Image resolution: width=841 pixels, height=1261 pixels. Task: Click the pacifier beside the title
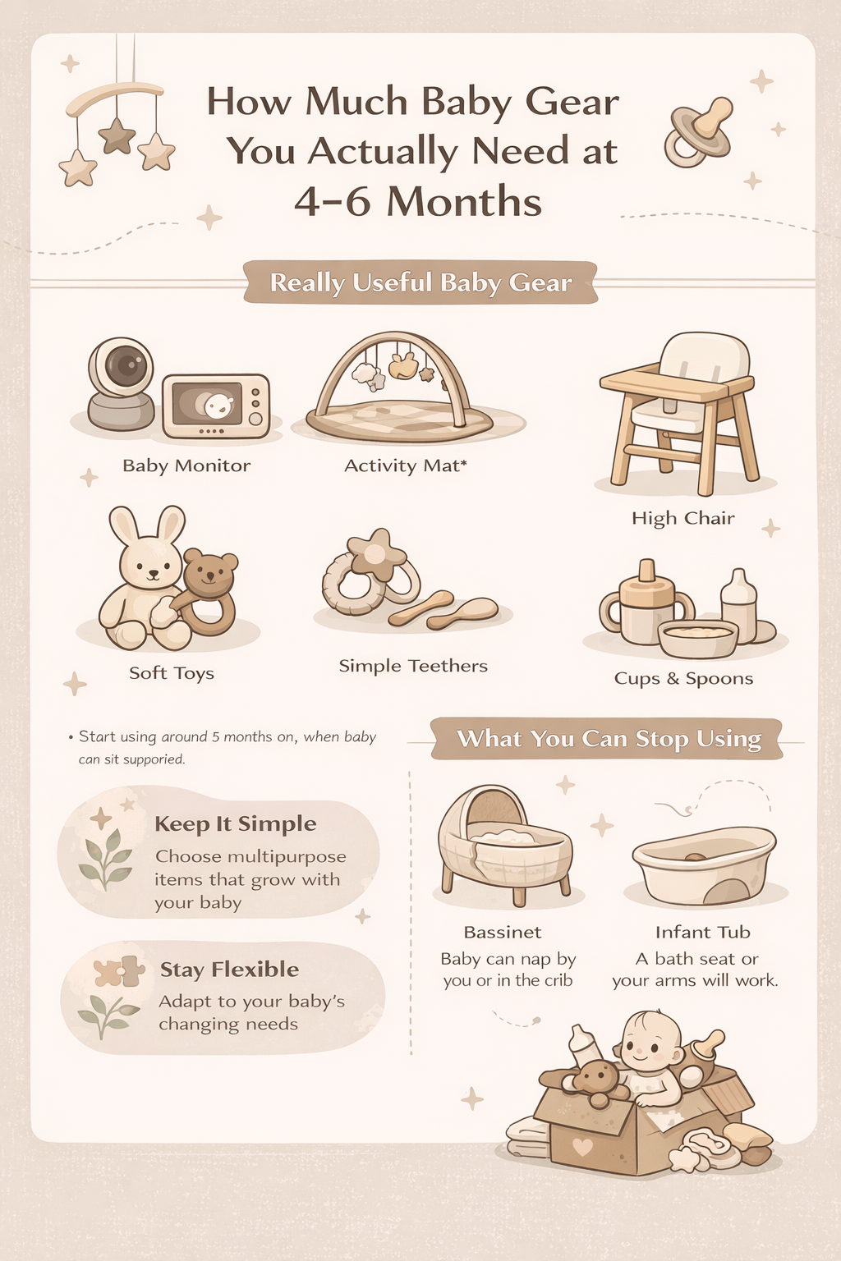pos(698,133)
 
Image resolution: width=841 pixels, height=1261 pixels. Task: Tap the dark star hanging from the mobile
pos(117,135)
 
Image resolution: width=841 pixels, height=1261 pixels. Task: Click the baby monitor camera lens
pos(125,365)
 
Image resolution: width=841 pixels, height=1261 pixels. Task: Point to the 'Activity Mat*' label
pos(405,465)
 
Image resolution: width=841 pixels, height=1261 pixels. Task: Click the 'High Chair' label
pos(682,518)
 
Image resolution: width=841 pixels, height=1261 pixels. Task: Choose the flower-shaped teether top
pos(376,550)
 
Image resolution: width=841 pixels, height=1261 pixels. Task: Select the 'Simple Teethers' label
pos(413,666)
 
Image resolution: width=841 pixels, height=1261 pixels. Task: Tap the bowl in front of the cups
pos(698,638)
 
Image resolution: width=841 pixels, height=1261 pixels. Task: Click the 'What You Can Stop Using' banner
pos(608,739)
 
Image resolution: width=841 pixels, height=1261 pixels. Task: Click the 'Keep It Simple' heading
pos(235,823)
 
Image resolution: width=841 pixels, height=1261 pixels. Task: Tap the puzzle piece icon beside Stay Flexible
pos(119,972)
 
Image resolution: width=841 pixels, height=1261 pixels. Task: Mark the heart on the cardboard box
pos(582,1147)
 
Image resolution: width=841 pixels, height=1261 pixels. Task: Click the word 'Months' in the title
pos(464,201)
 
